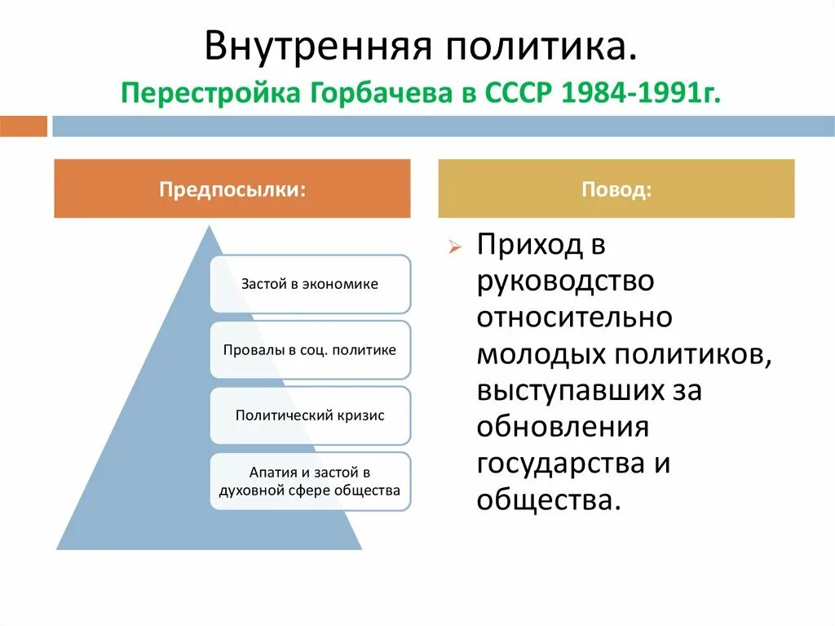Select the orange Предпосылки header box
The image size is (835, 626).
point(232,189)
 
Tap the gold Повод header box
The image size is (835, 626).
point(616,189)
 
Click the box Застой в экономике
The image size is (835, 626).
point(310,284)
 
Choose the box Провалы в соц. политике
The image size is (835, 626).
point(310,350)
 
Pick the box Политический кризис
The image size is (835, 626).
point(310,415)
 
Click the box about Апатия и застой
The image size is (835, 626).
point(310,482)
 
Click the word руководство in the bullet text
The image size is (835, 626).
point(566,282)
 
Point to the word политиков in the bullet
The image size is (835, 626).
point(693,354)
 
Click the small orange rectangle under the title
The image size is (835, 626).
point(24,127)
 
